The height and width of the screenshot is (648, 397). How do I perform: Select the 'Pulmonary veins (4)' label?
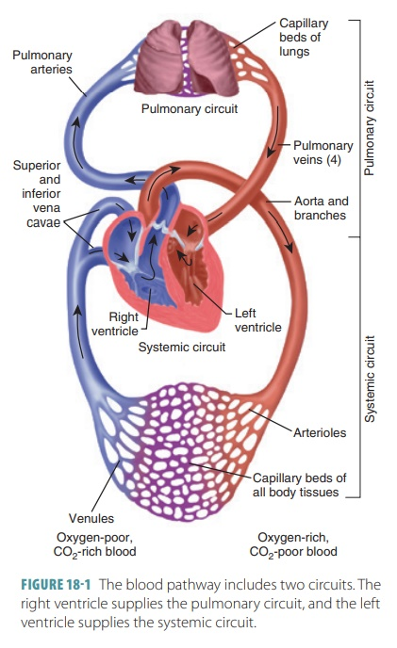pyautogui.click(x=323, y=153)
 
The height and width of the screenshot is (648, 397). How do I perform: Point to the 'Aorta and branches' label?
pyautogui.click(x=321, y=208)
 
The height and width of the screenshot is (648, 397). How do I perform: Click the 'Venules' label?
pyautogui.click(x=91, y=518)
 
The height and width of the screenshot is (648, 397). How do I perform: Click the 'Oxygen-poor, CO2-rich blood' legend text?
pyautogui.click(x=92, y=543)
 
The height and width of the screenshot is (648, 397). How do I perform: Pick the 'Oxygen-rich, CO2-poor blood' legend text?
pyautogui.click(x=292, y=543)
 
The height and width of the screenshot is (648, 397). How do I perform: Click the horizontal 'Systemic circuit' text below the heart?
pyautogui.click(x=182, y=347)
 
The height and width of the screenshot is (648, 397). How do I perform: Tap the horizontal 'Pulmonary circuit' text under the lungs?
pyautogui.click(x=189, y=109)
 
